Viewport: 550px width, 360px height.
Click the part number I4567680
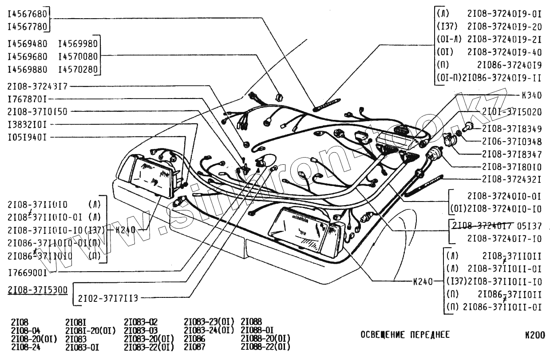click(28, 14)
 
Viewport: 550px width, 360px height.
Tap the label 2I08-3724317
click(37, 86)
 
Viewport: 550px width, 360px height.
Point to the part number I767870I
click(27, 99)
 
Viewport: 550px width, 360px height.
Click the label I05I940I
click(27, 137)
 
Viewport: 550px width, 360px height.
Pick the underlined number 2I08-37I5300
click(38, 290)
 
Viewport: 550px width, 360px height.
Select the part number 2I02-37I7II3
click(108, 298)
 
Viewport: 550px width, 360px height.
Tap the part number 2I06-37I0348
click(511, 142)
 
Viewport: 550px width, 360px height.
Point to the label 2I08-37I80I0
click(511, 167)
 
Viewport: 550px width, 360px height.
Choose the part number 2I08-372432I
click(511, 179)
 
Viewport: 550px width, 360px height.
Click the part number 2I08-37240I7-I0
click(504, 239)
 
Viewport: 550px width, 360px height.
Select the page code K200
click(534, 335)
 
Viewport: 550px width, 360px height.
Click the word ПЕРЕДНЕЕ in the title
click(429, 335)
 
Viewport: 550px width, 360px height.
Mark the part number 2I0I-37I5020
click(511, 112)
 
